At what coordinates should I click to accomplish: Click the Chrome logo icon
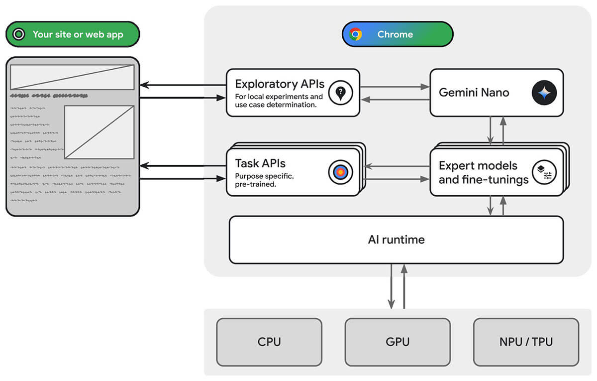tap(355, 34)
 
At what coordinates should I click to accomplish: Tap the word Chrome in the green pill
tap(395, 34)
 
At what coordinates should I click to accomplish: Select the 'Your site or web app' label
tap(78, 34)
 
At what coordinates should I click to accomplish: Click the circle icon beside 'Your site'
tap(19, 34)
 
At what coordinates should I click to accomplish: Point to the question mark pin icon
tap(340, 93)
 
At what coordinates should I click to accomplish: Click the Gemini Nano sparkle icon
tap(544, 93)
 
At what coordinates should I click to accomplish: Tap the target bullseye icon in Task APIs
tap(340, 172)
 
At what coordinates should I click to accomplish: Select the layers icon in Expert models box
tap(544, 172)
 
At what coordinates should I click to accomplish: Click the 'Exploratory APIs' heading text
tap(280, 84)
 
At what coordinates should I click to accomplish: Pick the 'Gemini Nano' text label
tap(474, 93)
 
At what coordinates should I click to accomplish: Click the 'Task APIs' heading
tap(260, 163)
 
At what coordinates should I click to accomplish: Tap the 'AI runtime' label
tap(396, 240)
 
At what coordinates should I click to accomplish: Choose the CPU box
tap(269, 342)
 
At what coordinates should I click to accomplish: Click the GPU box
tap(398, 342)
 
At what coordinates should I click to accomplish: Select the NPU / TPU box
tap(526, 342)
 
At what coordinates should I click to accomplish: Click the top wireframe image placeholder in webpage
tap(72, 77)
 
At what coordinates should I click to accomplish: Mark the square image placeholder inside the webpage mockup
tap(99, 132)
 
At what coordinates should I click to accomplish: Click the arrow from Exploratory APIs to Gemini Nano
tap(394, 87)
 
